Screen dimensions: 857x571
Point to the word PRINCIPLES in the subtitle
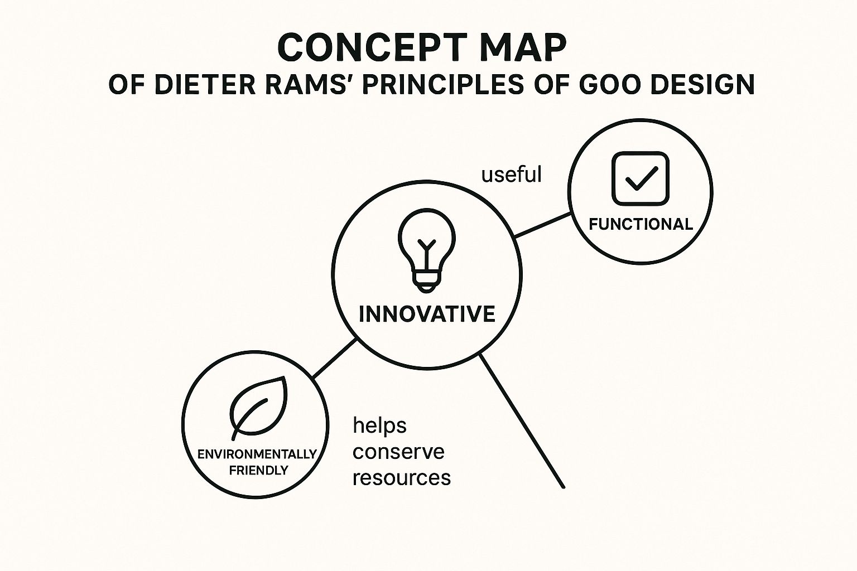pos(442,85)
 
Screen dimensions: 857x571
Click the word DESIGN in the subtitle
pos(702,85)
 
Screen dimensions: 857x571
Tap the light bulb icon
pos(427,250)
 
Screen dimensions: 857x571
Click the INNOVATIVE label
pos(427,314)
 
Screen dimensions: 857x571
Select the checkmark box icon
pos(641,178)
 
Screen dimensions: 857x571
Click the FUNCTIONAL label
pos(641,224)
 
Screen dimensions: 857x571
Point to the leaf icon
pos(259,408)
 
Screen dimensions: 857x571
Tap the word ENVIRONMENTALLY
pos(257,454)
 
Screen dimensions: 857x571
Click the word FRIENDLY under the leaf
pos(259,470)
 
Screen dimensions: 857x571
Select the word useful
pos(511,175)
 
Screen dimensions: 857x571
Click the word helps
pos(379,425)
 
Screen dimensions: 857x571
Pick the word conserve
pos(398,452)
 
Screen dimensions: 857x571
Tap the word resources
pos(402,478)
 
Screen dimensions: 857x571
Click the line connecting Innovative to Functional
pos(542,225)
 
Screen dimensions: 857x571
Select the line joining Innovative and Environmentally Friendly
pos(334,359)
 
